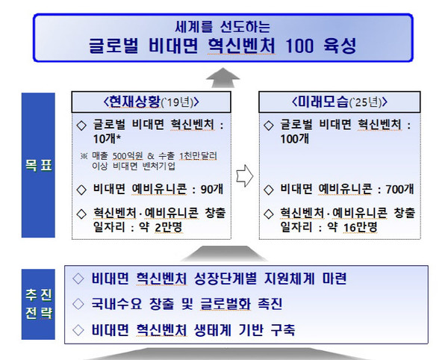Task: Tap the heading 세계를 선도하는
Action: pyautogui.click(x=224, y=24)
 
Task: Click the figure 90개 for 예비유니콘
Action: pyautogui.click(x=211, y=188)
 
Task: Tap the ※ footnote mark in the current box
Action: pyautogui.click(x=84, y=155)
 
